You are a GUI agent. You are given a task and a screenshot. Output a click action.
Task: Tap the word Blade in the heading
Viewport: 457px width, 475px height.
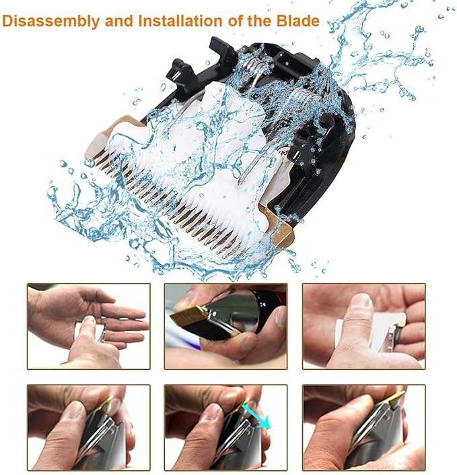click(295, 20)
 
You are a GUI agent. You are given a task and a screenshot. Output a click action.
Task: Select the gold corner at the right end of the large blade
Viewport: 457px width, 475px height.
click(279, 232)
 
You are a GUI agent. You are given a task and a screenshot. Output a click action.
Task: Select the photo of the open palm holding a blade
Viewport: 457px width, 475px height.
click(88, 325)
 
